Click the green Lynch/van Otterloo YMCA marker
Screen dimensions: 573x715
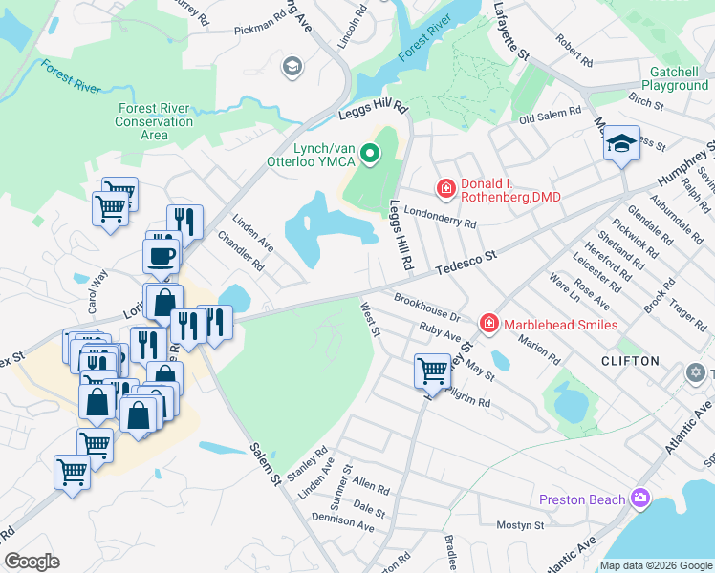tap(374, 153)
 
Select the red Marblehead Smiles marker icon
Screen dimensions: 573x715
tap(488, 324)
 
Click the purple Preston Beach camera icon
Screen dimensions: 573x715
tap(639, 499)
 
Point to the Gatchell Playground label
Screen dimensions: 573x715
tap(668, 78)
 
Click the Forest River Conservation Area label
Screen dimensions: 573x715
tap(154, 121)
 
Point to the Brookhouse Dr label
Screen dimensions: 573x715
tap(427, 308)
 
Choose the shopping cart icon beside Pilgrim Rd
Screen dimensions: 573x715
tap(432, 370)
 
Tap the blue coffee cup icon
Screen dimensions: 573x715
tap(160, 255)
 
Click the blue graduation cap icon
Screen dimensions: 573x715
tap(621, 145)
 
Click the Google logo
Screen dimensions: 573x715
tap(32, 562)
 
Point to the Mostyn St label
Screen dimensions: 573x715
tap(520, 525)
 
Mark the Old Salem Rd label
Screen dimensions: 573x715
tap(550, 115)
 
